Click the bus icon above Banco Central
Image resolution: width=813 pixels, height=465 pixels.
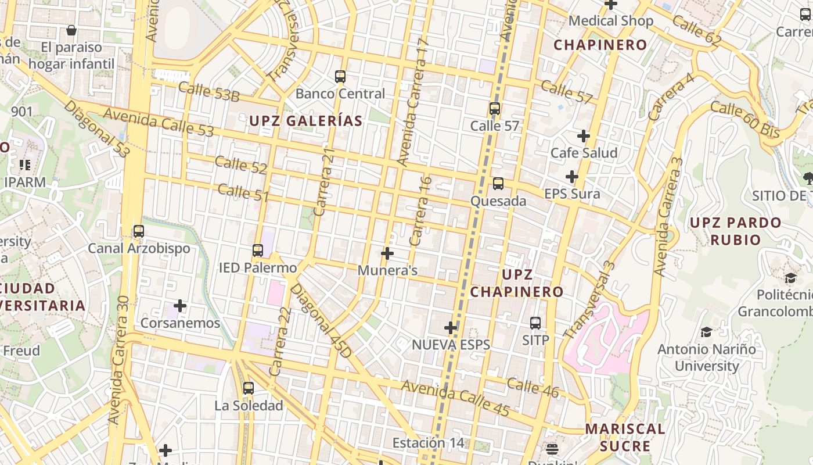pos(340,77)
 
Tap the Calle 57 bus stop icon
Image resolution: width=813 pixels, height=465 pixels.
pos(495,109)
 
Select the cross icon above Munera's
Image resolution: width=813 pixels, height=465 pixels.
pos(387,253)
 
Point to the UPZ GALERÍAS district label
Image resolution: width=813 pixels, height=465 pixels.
pos(306,121)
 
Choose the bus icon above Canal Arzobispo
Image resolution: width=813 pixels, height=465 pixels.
pos(139,231)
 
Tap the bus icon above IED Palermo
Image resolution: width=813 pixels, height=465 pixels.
pos(258,251)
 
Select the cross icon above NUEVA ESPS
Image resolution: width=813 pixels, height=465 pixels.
pos(451,328)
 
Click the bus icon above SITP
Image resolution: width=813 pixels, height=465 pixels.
pos(535,323)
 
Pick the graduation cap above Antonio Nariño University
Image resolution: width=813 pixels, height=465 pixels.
pos(706,332)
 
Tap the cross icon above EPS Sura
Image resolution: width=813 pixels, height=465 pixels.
pos(572,177)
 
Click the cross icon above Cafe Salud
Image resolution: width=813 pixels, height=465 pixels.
pos(584,136)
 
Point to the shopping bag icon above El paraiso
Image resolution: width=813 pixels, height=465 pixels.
pos(71,30)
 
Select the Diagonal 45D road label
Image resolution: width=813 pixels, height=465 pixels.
pos(321,321)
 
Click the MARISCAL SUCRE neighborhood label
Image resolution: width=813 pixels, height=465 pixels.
pos(625,438)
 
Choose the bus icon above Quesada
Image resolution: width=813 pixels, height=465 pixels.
pos(498,184)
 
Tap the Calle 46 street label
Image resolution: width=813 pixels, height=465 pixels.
pos(533,388)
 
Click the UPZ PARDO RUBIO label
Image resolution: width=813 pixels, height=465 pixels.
pos(735,231)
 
